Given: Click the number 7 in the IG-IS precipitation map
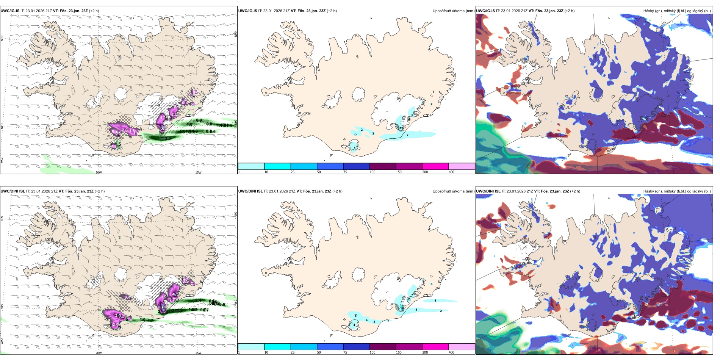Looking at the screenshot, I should [408, 135].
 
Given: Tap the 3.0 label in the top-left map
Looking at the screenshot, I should [168, 139].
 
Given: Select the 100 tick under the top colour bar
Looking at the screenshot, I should [373, 172].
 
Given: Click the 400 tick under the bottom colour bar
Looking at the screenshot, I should [451, 352].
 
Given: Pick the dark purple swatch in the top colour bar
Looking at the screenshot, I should [383, 166].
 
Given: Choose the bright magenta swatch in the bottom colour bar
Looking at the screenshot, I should [435, 347].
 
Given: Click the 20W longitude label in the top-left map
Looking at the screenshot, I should [99, 172].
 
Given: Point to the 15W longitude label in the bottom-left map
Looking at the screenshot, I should [198, 353].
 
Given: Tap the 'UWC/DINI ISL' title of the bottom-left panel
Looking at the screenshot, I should [13, 191].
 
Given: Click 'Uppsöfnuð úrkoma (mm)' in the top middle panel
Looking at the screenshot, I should [453, 11].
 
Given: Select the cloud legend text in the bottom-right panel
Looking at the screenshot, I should [677, 191].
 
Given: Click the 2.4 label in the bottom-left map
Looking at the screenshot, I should [198, 301].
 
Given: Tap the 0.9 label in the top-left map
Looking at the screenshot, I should [199, 121].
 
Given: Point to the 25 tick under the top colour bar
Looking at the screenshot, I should [293, 172].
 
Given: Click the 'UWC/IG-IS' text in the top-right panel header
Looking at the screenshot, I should [485, 11].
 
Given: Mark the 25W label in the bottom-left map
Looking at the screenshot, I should [2, 341].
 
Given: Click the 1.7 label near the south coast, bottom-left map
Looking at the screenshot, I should [150, 321].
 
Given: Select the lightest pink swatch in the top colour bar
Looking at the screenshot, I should [462, 166].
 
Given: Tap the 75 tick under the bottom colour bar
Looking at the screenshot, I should [345, 352].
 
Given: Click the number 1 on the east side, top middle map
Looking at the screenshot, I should [434, 92].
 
